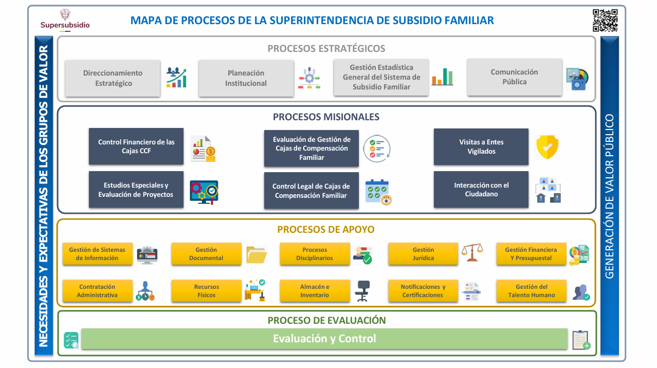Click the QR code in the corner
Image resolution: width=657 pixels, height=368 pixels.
605,20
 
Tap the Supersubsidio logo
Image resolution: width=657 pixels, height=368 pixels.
65,20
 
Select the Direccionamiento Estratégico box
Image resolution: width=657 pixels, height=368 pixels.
113,78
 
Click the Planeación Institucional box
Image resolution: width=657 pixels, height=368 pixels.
246,78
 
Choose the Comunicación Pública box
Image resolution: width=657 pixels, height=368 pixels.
515,77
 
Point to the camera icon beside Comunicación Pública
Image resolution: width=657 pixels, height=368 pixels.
577,79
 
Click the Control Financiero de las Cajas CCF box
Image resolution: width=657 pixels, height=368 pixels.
136,146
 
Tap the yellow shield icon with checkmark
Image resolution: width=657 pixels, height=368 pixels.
547,147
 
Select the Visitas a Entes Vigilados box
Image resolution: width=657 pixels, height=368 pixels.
481,146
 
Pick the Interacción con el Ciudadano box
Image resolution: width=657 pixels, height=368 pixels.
481,190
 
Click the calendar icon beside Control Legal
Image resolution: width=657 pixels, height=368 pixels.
378,192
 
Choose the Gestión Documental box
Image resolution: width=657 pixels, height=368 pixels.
206,253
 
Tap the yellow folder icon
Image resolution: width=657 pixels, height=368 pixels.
257,254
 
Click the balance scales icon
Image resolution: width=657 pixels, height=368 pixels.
472,252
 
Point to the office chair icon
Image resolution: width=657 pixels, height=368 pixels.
363,291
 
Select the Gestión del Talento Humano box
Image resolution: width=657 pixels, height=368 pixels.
531,290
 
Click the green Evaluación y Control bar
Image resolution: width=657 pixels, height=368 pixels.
324,339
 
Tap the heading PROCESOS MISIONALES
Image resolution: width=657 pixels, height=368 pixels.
326,117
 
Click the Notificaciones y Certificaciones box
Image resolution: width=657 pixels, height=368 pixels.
423,290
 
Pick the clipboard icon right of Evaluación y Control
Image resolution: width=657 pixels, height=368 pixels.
581,340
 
